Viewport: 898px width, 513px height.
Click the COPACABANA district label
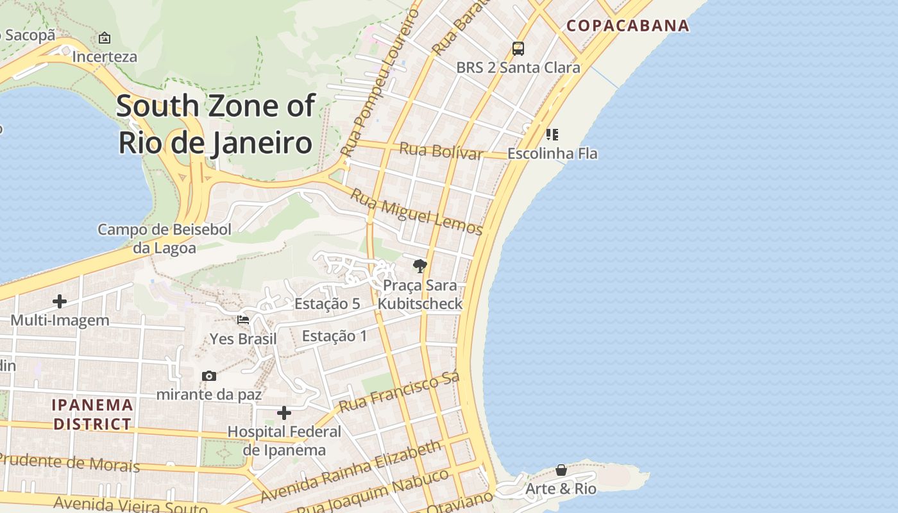click(x=628, y=26)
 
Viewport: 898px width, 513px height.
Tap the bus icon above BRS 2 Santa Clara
click(x=518, y=49)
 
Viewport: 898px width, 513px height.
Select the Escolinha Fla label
click(x=552, y=153)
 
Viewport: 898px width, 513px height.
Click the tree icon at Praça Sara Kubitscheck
click(x=420, y=265)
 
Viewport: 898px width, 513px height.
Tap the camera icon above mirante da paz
click(x=209, y=376)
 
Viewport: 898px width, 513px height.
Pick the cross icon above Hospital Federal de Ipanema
click(x=284, y=413)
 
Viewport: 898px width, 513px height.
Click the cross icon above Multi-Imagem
click(x=60, y=301)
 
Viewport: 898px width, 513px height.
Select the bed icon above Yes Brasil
click(x=243, y=319)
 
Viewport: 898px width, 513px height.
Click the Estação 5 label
click(x=327, y=303)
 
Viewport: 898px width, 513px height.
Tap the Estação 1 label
click(x=334, y=335)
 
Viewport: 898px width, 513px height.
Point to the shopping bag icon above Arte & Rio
click(x=561, y=470)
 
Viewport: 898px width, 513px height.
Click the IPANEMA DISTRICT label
click(x=93, y=414)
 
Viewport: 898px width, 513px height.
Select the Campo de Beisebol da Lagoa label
click(x=164, y=239)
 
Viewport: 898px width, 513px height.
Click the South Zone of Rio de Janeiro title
click(x=216, y=124)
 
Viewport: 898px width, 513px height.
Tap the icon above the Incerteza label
click(x=105, y=38)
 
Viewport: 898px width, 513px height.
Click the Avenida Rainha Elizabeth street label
click(x=351, y=470)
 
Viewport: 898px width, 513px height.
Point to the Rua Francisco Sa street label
click(x=400, y=392)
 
